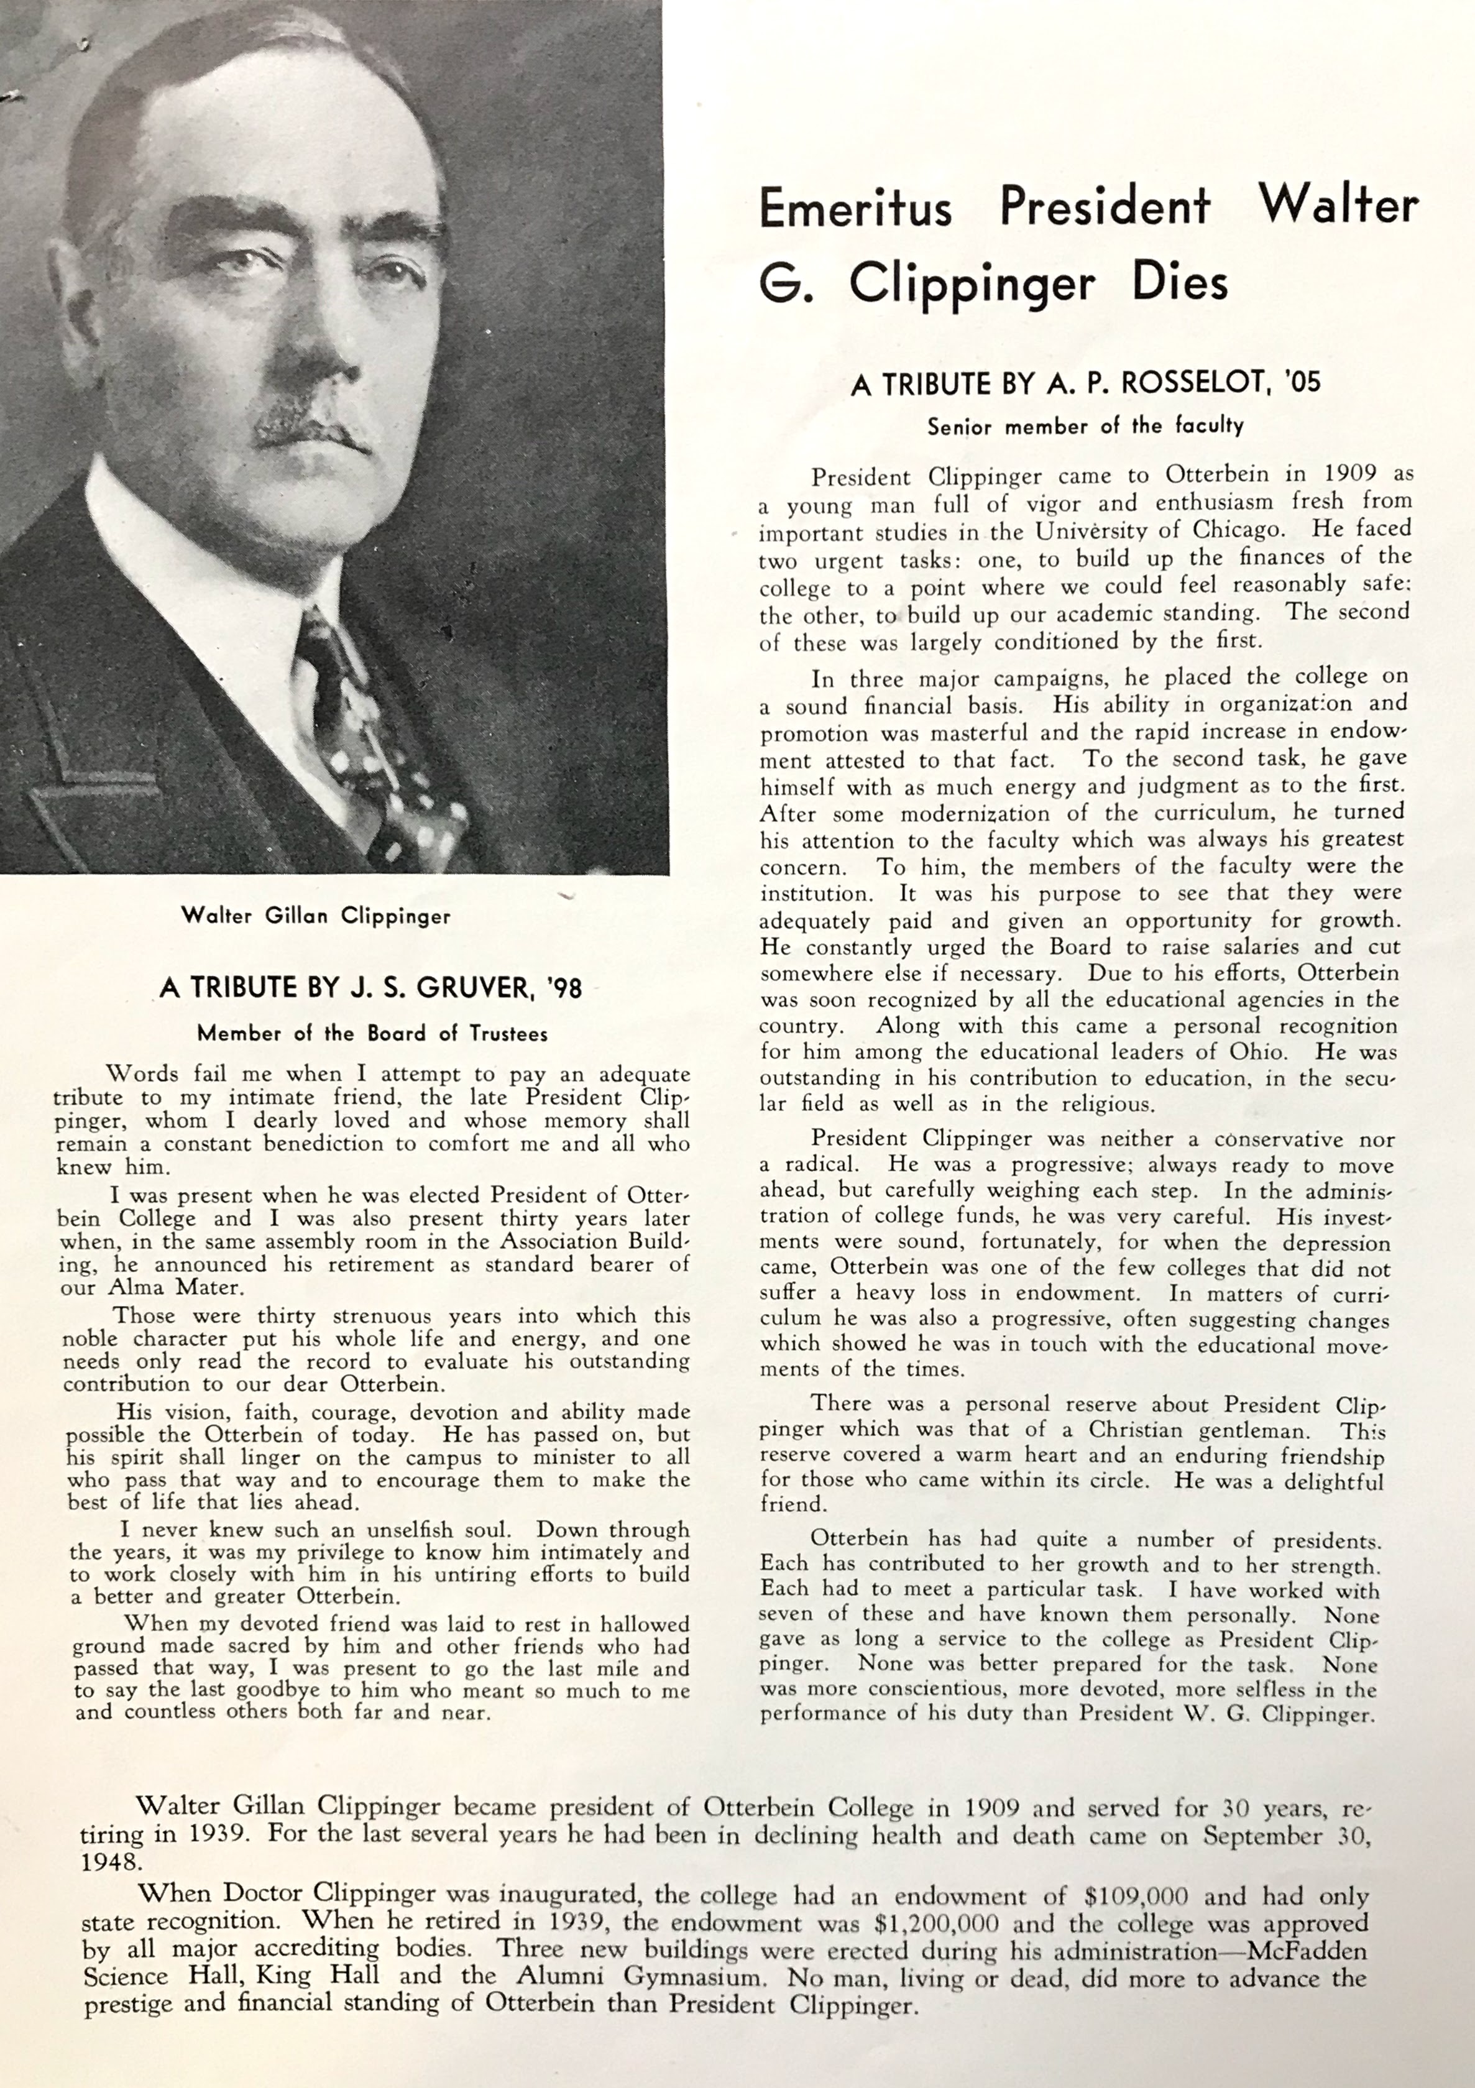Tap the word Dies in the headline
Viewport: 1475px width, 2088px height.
1180,283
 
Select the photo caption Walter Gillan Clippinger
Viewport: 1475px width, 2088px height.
316,915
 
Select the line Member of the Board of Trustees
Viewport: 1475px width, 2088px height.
373,1033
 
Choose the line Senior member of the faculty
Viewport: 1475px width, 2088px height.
1085,426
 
